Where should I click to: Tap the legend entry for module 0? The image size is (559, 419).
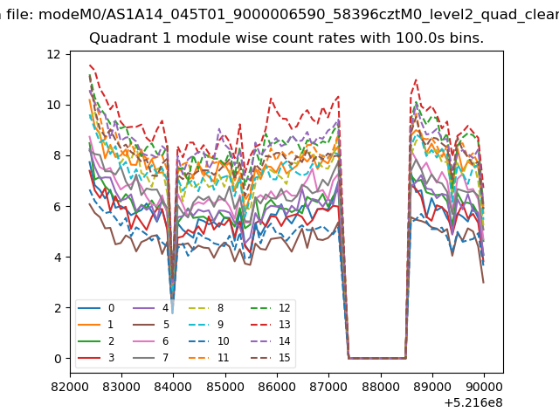click(x=96, y=308)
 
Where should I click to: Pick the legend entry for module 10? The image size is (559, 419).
click(x=211, y=341)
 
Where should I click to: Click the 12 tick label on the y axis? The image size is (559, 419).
click(x=54, y=54)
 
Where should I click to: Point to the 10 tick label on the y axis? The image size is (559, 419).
click(x=54, y=105)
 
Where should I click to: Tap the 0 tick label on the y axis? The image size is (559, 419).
click(x=58, y=359)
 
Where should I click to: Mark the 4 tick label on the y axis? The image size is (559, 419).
click(x=58, y=258)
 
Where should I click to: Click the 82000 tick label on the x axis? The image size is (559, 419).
click(x=70, y=387)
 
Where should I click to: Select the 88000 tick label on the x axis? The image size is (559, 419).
click(x=381, y=387)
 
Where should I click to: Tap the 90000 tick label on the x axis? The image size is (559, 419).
click(x=484, y=387)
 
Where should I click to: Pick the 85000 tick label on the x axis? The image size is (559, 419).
click(x=225, y=387)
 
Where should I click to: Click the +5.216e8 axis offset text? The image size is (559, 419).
click(x=473, y=403)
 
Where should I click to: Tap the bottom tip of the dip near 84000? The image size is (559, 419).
click(x=173, y=313)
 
